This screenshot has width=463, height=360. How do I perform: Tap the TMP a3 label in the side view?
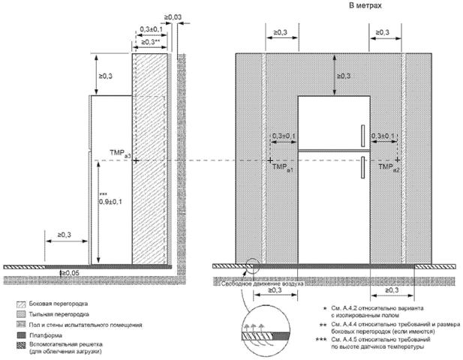click(119, 153)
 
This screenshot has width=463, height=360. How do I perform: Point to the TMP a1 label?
click(283, 170)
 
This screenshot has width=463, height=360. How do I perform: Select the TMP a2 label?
click(389, 170)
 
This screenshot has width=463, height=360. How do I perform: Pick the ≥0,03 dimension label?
click(173, 16)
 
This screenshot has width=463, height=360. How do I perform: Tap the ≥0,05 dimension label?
click(70, 272)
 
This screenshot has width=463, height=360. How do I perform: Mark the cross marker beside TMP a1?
click(269, 160)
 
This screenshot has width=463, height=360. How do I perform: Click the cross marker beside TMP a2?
click(399, 160)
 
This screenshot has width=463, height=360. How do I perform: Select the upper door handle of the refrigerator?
click(362, 135)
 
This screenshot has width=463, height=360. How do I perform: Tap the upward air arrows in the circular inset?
click(252, 328)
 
